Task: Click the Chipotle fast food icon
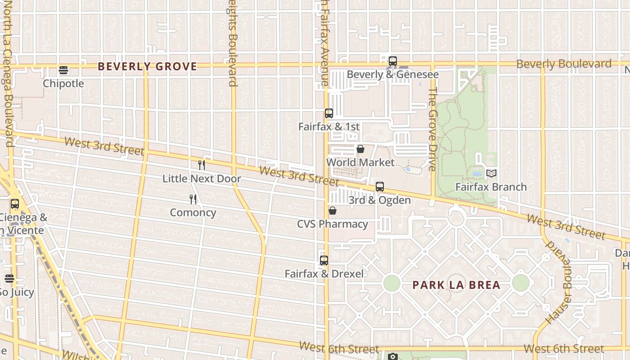click(x=63, y=70)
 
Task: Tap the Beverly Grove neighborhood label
click(x=148, y=67)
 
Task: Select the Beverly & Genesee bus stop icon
click(x=393, y=61)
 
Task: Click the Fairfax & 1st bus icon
click(x=329, y=113)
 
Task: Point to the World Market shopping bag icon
click(x=360, y=149)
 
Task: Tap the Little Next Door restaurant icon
click(x=202, y=165)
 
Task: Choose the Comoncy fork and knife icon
click(x=193, y=199)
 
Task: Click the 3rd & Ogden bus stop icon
click(x=380, y=187)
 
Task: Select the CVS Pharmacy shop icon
click(x=333, y=211)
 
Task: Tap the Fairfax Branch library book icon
click(x=491, y=173)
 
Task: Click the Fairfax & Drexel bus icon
click(x=324, y=260)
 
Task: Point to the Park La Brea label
click(x=456, y=285)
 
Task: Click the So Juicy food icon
click(x=9, y=279)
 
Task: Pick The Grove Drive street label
click(x=433, y=129)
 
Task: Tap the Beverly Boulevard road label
click(x=564, y=64)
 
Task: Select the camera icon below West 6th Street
click(x=393, y=357)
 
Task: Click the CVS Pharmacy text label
click(x=333, y=224)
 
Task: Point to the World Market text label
click(x=360, y=162)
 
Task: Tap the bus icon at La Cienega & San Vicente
click(x=15, y=204)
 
